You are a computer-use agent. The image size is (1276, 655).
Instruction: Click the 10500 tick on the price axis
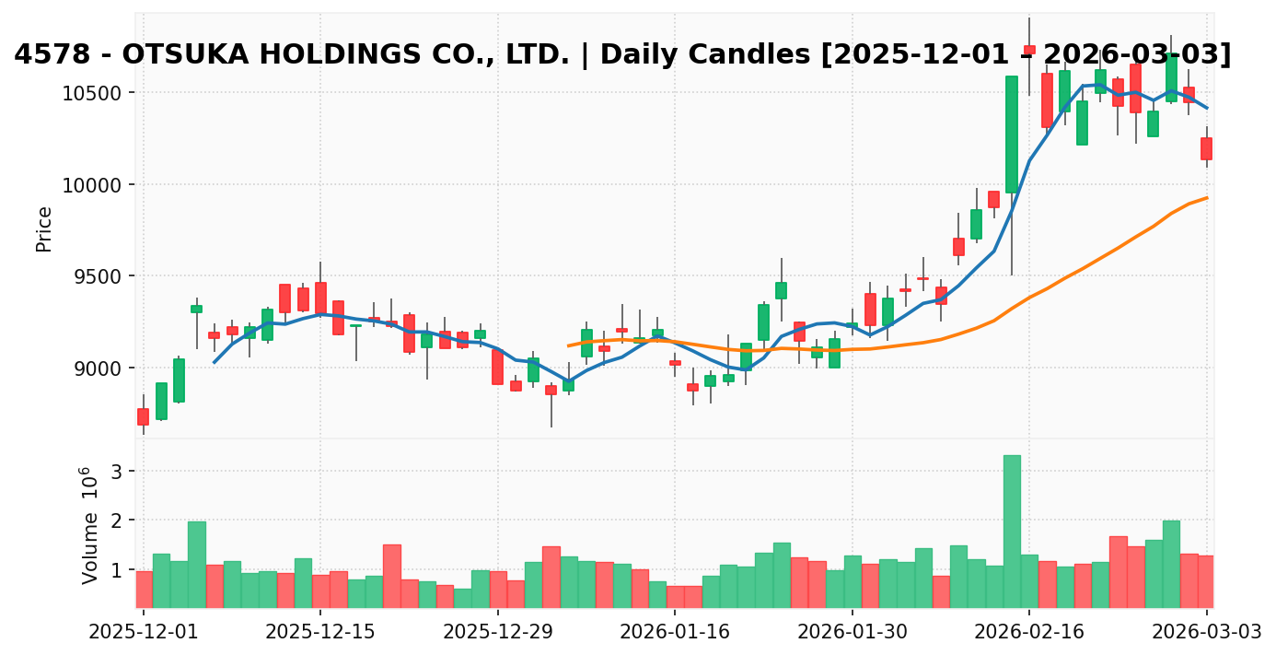(98, 93)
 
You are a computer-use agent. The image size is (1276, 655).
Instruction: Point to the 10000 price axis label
(98, 185)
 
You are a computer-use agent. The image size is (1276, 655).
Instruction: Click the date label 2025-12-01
(143, 632)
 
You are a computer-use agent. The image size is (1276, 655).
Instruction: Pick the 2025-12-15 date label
(320, 632)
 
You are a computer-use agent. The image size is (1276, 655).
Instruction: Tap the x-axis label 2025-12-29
(497, 632)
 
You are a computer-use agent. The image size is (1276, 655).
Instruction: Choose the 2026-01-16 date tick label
(675, 632)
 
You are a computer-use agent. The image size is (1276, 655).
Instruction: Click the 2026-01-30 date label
(853, 632)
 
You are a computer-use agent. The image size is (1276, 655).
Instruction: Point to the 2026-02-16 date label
(1029, 632)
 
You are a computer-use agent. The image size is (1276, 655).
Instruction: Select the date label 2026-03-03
(1206, 632)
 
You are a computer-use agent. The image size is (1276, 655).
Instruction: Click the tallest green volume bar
(1012, 531)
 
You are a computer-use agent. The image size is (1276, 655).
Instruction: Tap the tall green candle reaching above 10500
(1012, 134)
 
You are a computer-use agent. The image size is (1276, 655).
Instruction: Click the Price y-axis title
(43, 228)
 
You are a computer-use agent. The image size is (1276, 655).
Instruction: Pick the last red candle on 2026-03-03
(1206, 148)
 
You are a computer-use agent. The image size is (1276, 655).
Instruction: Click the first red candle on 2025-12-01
(143, 416)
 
